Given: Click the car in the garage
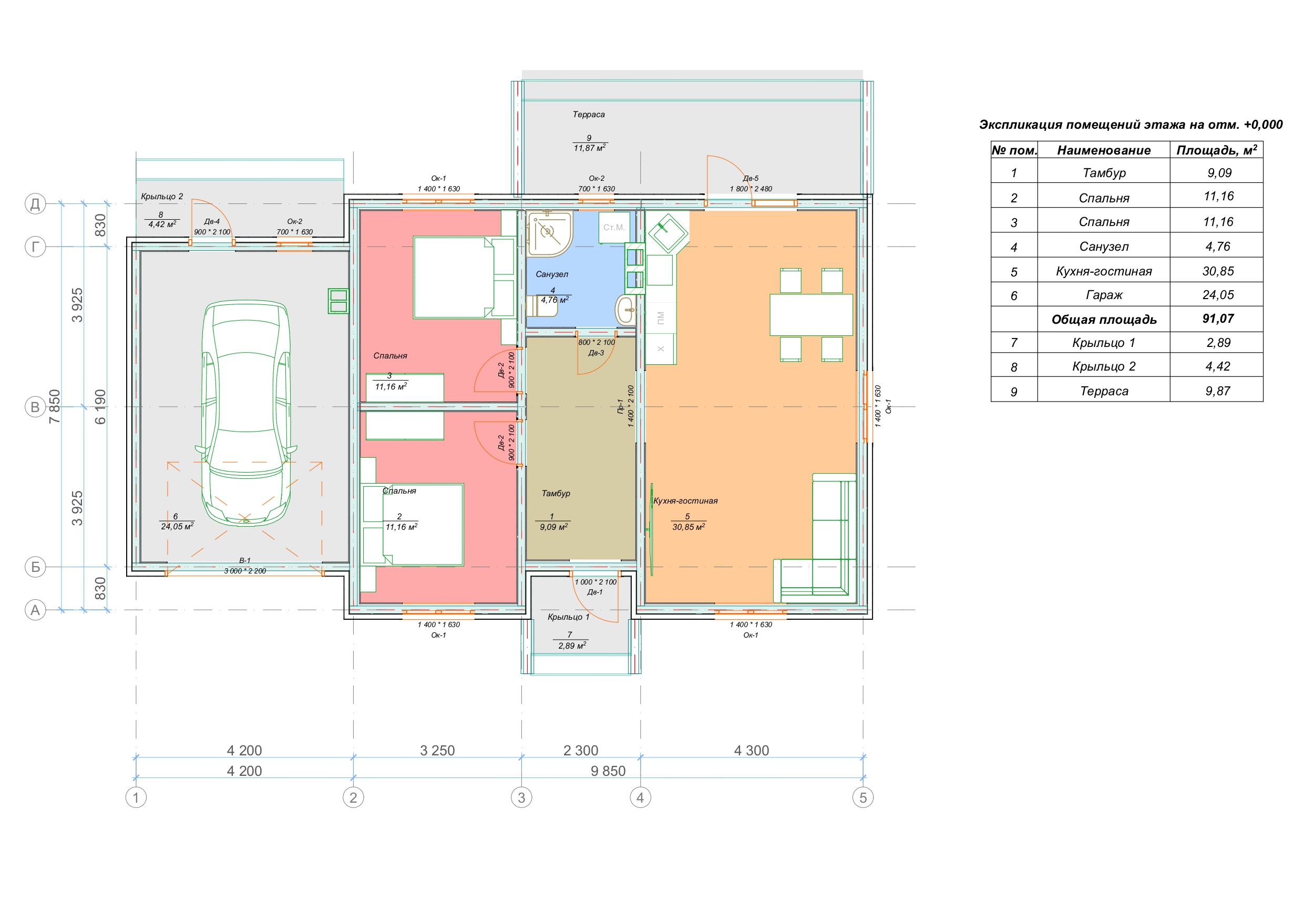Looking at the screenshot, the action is (x=246, y=413).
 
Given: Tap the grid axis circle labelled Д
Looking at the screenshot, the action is (x=35, y=203).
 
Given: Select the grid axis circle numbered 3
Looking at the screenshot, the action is (x=521, y=797).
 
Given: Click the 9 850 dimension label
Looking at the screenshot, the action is (x=608, y=771).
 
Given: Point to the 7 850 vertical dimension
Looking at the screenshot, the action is (x=55, y=406).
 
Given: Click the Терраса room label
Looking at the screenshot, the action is (x=588, y=114).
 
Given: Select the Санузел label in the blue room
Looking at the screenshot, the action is (x=551, y=274).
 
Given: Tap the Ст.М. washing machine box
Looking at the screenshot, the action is (x=614, y=227).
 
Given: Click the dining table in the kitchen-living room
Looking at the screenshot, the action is (x=811, y=315).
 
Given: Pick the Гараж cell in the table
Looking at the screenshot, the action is (x=1104, y=295).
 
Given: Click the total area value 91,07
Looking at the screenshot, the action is (x=1218, y=319).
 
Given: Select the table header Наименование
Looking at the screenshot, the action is (x=1104, y=150).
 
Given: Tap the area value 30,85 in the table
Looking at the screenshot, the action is (x=1218, y=271).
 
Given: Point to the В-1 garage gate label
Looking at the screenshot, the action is (x=245, y=560).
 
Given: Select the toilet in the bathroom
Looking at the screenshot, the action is (x=541, y=305).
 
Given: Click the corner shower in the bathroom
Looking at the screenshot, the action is (x=549, y=233).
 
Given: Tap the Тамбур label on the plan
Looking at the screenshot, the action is (x=556, y=493).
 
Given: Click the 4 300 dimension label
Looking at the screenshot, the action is (x=752, y=751).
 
